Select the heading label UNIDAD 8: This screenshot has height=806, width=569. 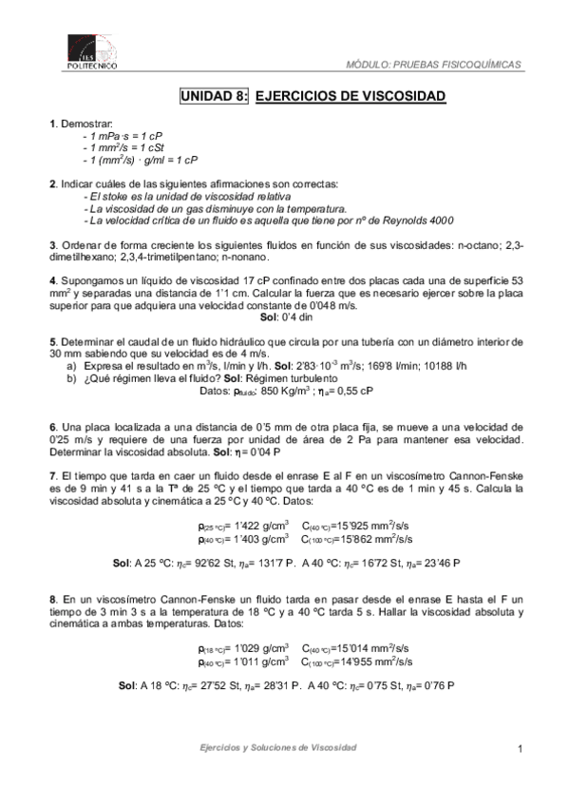coord(215,97)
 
